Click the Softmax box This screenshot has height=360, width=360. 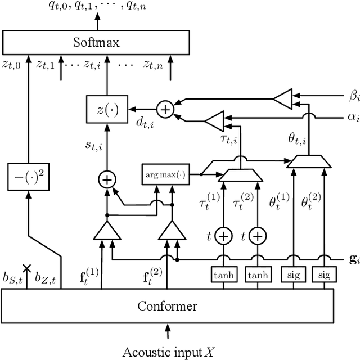click(97, 42)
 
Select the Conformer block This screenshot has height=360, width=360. click(167, 306)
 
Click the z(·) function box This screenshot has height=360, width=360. click(106, 109)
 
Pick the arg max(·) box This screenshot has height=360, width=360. click(164, 175)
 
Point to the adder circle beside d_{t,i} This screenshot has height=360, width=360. click(165, 110)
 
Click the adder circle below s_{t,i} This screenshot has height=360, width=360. click(106, 179)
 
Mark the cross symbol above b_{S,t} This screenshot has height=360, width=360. click(25, 269)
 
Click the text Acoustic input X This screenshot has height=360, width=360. click(168, 352)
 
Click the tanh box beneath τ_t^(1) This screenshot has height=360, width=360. click(223, 275)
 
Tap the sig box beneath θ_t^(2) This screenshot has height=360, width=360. click(324, 275)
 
